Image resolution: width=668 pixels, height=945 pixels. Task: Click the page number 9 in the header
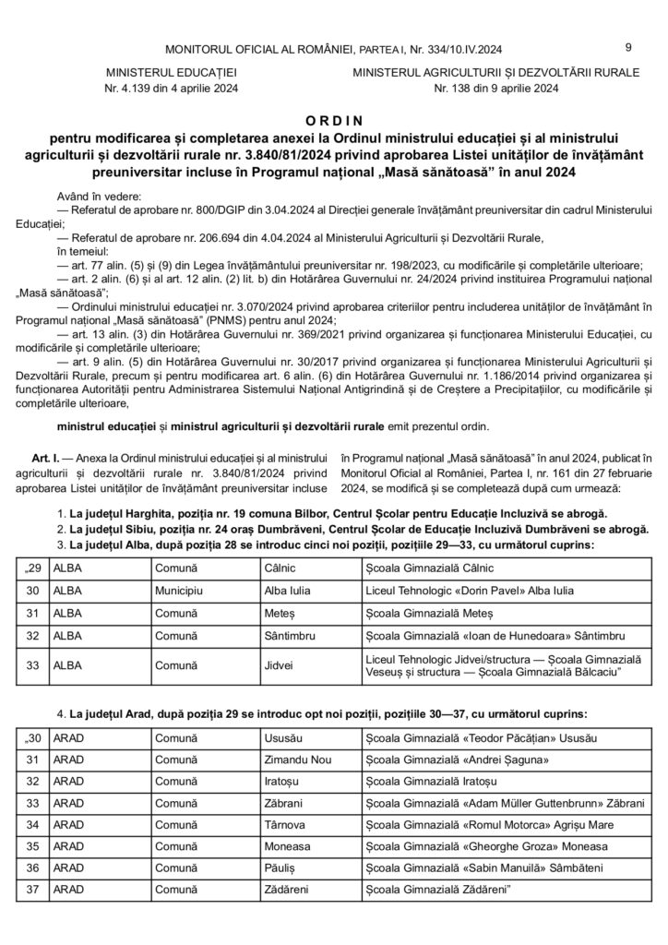click(627, 47)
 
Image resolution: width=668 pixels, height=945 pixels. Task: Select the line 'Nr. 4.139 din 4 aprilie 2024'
click(172, 90)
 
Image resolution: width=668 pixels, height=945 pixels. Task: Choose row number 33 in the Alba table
click(34, 667)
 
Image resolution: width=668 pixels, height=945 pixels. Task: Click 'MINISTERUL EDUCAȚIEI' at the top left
click(172, 71)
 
